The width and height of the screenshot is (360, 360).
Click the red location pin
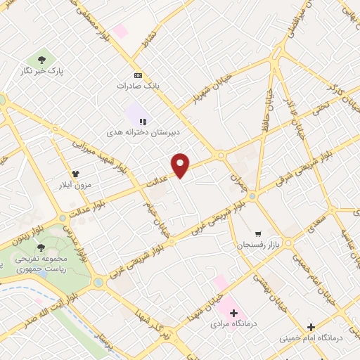pos(181,165)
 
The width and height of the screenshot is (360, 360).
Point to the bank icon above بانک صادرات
pos(138,75)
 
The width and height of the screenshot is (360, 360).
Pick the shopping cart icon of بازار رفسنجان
pos(258,233)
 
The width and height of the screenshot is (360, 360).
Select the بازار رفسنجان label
pos(250,245)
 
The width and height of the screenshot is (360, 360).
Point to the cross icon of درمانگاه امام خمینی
pos(311,326)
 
